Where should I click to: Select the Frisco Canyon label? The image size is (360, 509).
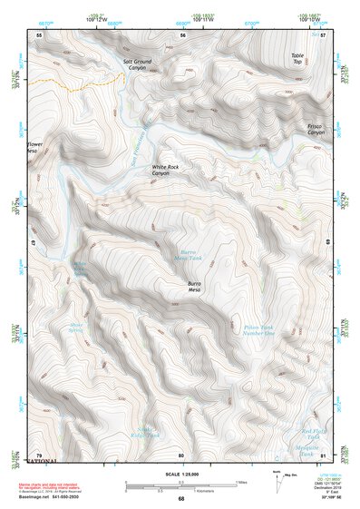coord(315,130)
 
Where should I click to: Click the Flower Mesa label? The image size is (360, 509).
coord(34,147)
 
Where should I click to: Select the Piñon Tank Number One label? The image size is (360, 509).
coord(258,329)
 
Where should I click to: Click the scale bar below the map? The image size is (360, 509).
coord(180,487)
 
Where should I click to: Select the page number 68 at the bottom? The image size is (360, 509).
coord(180,499)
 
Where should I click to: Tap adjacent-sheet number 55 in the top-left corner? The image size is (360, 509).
coord(39,34)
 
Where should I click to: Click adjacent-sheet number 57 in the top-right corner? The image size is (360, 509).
coord(324,34)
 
